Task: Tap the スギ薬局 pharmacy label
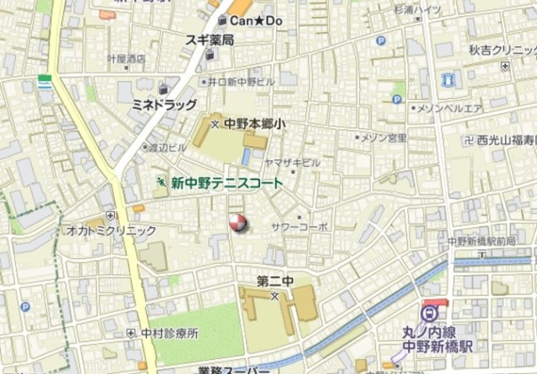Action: (x=210, y=39)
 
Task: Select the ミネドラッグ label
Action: (x=164, y=104)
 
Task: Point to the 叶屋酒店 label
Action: (x=126, y=59)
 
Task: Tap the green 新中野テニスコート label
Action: (x=227, y=182)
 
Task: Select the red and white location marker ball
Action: (x=238, y=223)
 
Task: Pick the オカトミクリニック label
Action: (x=112, y=230)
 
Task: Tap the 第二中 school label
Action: (x=274, y=282)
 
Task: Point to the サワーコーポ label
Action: (x=300, y=226)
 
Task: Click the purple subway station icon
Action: (x=430, y=314)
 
